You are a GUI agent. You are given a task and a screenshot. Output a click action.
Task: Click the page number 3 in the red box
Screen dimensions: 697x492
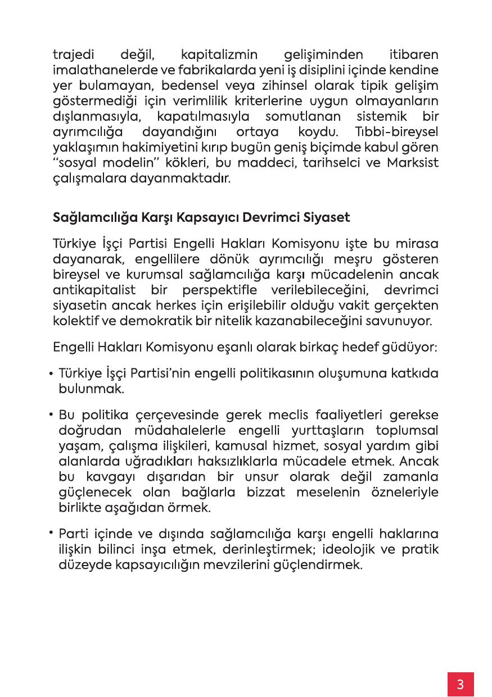(x=461, y=684)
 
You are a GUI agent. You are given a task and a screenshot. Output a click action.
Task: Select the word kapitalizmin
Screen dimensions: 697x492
(x=219, y=56)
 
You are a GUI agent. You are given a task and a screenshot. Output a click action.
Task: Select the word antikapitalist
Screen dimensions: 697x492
(x=95, y=290)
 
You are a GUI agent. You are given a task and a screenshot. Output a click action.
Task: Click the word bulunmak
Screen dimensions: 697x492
(x=91, y=388)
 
